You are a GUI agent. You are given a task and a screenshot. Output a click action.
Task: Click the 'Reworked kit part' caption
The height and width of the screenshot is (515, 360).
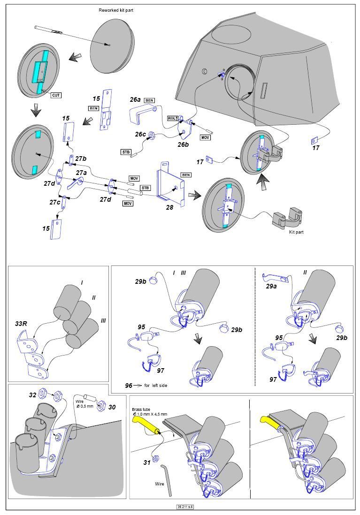click(x=116, y=10)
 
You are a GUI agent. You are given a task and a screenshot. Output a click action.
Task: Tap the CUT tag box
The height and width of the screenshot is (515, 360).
click(x=56, y=95)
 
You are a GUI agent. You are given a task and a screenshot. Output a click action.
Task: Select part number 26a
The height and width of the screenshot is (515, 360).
click(x=135, y=100)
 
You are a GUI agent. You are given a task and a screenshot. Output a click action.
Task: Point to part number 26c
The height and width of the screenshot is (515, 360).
click(x=140, y=134)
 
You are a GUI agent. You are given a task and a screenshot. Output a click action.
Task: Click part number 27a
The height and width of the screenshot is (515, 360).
click(x=81, y=173)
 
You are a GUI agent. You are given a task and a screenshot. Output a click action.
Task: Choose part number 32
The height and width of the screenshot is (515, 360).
click(x=32, y=395)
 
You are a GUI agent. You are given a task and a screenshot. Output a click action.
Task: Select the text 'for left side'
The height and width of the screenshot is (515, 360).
click(x=155, y=385)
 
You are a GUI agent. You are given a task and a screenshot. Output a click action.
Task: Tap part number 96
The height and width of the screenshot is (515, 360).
click(x=129, y=385)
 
